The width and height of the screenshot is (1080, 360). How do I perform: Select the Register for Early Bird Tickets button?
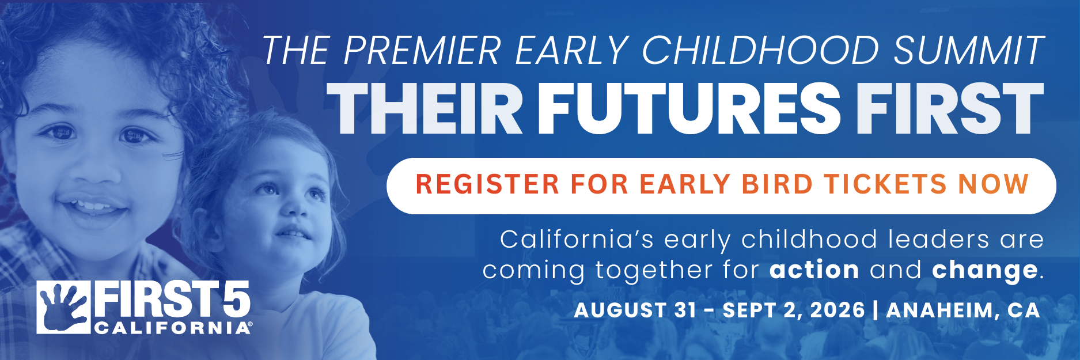(721, 185)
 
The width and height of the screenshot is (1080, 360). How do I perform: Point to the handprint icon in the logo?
(63, 307)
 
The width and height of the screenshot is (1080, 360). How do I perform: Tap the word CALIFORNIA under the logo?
(171, 328)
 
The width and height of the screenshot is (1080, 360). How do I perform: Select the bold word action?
(814, 270)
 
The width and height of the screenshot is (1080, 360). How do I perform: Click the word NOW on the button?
(994, 184)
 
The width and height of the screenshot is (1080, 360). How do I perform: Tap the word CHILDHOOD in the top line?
(760, 51)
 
